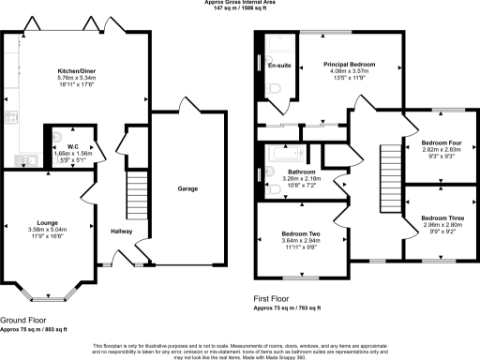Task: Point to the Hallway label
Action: pos(122,231)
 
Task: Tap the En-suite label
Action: pos(277,67)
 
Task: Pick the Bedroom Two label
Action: pos(301,232)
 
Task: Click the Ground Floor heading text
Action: pos(24,319)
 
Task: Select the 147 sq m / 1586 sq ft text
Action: pos(239,9)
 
